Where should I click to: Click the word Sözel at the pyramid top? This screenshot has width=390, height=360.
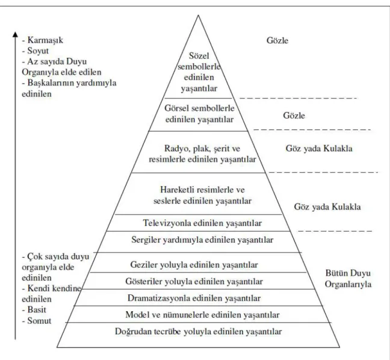(199, 56)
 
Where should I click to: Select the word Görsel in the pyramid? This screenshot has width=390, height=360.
(177, 108)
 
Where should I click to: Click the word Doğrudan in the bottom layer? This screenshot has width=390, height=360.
(133, 332)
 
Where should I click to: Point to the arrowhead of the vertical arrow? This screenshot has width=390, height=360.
(15, 34)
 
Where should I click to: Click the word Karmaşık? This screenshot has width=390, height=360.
(45, 40)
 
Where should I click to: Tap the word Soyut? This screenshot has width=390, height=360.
(38, 51)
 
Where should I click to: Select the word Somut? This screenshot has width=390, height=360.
(39, 321)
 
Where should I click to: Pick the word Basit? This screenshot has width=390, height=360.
(37, 310)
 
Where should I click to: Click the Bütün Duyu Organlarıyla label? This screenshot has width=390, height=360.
(348, 279)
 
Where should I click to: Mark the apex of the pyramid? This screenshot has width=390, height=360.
(198, 15)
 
